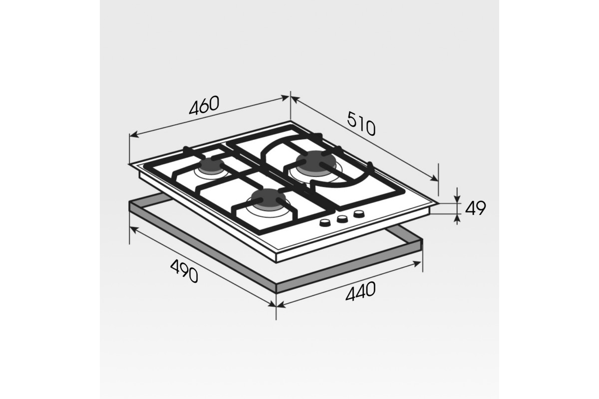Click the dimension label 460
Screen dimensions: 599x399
click(x=204, y=105)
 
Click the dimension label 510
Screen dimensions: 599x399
click(x=361, y=124)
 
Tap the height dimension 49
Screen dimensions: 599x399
click(x=475, y=208)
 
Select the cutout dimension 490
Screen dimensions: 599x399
click(x=184, y=271)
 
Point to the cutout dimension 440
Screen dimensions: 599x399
click(x=361, y=291)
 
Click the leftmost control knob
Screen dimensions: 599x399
click(x=325, y=222)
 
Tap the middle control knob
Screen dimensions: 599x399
click(x=342, y=219)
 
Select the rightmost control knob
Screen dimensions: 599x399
click(x=358, y=213)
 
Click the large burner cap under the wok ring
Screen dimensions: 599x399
click(x=315, y=162)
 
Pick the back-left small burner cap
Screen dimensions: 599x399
click(x=211, y=166)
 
